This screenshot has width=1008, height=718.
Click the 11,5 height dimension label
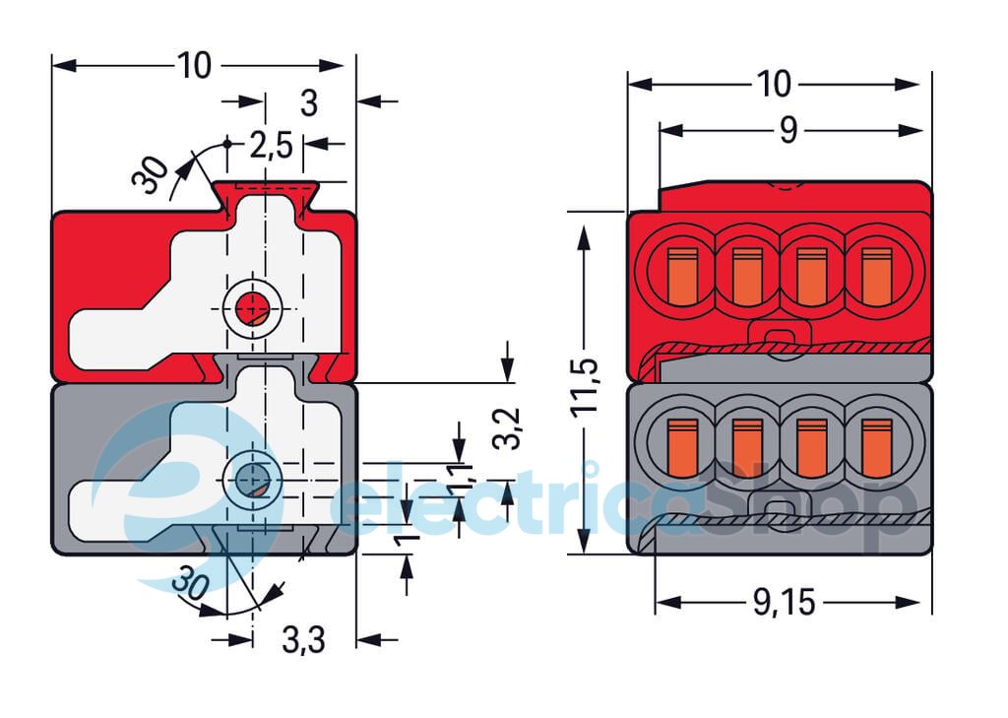(x=587, y=386)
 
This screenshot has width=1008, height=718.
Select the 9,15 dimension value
(x=785, y=603)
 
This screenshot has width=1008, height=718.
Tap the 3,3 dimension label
(x=303, y=640)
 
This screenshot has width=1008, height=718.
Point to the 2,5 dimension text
(x=270, y=146)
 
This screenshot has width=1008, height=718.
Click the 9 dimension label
(x=787, y=131)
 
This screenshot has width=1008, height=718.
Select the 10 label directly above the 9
(x=774, y=85)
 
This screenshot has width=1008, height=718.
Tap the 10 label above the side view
(x=194, y=65)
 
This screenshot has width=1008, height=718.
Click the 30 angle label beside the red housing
(x=151, y=175)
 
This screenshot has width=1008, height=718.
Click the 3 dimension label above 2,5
(x=309, y=102)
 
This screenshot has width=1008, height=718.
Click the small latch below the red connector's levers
(x=776, y=338)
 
